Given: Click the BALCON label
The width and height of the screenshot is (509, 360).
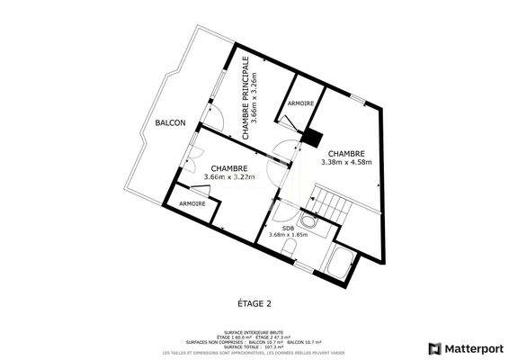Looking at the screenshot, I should coord(169,122).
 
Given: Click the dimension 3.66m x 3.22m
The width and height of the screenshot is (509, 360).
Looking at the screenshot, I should coord(229,177).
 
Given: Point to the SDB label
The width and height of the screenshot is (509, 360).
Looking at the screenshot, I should coord(288,228).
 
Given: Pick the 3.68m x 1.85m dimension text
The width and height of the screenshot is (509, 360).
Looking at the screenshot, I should coord(288,235).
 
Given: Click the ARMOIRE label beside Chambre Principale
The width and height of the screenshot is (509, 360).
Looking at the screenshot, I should coord(300,104).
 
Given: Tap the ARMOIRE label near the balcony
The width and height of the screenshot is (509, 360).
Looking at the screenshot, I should coord(192,203).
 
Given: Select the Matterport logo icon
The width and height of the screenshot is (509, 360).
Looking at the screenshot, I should coord(434,348).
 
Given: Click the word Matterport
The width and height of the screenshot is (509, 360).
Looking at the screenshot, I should coord(472,348).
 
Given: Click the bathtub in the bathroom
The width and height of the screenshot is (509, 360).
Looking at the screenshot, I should coord(343,264).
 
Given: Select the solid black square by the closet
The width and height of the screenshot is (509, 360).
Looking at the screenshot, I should coord(313,138).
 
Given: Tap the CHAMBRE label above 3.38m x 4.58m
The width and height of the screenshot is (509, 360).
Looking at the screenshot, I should coord(346,153).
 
